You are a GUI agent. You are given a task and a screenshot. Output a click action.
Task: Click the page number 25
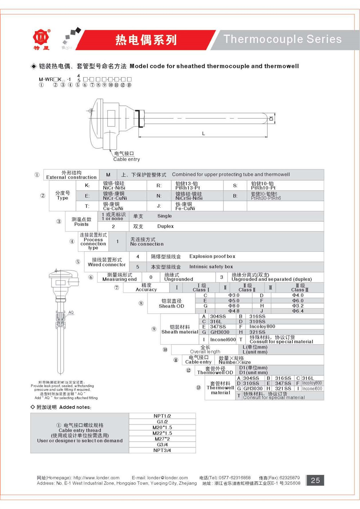(x=315, y=480)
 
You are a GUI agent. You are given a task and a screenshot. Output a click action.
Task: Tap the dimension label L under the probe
(x=203, y=134)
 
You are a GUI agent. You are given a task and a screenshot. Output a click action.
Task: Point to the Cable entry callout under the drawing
(x=126, y=159)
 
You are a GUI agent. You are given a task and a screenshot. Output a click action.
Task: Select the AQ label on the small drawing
(x=71, y=312)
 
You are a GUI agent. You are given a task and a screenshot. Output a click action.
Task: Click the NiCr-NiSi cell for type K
(x=114, y=188)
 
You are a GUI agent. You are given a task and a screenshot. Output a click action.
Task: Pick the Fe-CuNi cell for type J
(x=185, y=208)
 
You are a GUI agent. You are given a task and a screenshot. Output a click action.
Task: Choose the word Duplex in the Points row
(x=166, y=226)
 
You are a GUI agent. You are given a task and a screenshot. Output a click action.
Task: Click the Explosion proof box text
(x=212, y=256)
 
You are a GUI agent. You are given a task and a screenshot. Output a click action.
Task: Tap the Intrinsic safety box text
(x=211, y=267)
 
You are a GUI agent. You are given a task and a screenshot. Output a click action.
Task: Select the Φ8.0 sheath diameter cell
(x=234, y=306)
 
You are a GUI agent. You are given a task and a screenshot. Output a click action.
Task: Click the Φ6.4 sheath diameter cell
(x=298, y=311)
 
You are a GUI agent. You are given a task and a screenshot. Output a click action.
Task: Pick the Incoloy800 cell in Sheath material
(x=262, y=326)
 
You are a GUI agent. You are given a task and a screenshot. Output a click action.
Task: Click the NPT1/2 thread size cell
(x=162, y=416)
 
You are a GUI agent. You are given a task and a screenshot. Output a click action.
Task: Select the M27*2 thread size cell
(x=162, y=439)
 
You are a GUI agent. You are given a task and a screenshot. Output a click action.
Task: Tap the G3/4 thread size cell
(x=162, y=445)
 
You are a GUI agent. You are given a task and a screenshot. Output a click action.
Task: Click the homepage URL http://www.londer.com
(x=96, y=478)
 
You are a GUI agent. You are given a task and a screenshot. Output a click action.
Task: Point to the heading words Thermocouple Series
(x=283, y=39)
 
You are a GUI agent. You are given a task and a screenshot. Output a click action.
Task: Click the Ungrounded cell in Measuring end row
(x=179, y=279)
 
